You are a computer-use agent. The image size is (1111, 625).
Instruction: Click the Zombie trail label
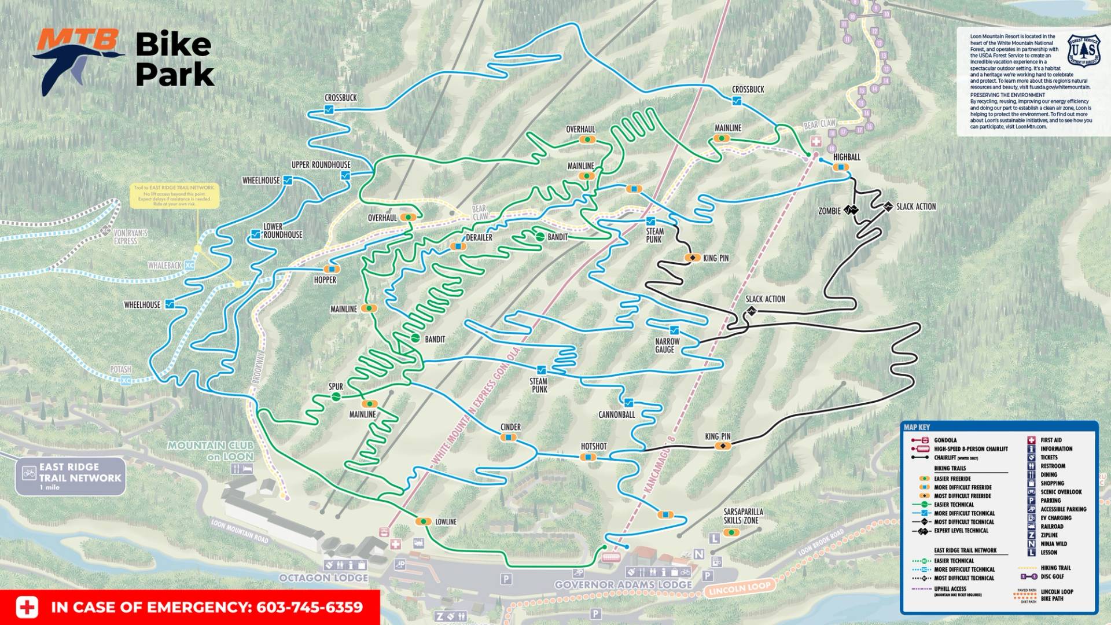pos(829,211)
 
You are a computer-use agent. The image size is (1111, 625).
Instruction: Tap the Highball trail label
pos(846,157)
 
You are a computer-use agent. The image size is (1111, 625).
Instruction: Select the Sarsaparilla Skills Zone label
pos(742,516)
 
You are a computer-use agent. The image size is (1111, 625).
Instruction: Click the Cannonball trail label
pos(616,415)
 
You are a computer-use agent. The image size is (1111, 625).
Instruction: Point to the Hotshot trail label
pos(593,446)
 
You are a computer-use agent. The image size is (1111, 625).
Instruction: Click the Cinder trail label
pos(510,427)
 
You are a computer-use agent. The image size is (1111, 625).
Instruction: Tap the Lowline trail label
pos(445,522)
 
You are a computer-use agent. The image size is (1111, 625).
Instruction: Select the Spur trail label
pos(336,387)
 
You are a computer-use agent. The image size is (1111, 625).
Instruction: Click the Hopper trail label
pos(325,280)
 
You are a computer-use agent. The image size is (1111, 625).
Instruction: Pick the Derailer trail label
pos(479,237)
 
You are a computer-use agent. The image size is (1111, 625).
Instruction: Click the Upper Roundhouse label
pos(321,165)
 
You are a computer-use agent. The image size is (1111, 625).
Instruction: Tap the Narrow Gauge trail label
pos(667,345)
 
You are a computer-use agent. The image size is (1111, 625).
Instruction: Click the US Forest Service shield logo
pos(1083,51)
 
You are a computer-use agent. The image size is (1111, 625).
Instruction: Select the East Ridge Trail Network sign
pos(71,476)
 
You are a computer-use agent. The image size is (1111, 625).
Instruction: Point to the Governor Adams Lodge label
pos(623,585)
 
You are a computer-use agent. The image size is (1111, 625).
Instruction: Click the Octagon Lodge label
pos(323,578)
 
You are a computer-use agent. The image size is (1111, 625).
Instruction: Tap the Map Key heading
pos(917,427)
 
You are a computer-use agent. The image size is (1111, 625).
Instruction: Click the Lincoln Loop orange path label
pos(740,589)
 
